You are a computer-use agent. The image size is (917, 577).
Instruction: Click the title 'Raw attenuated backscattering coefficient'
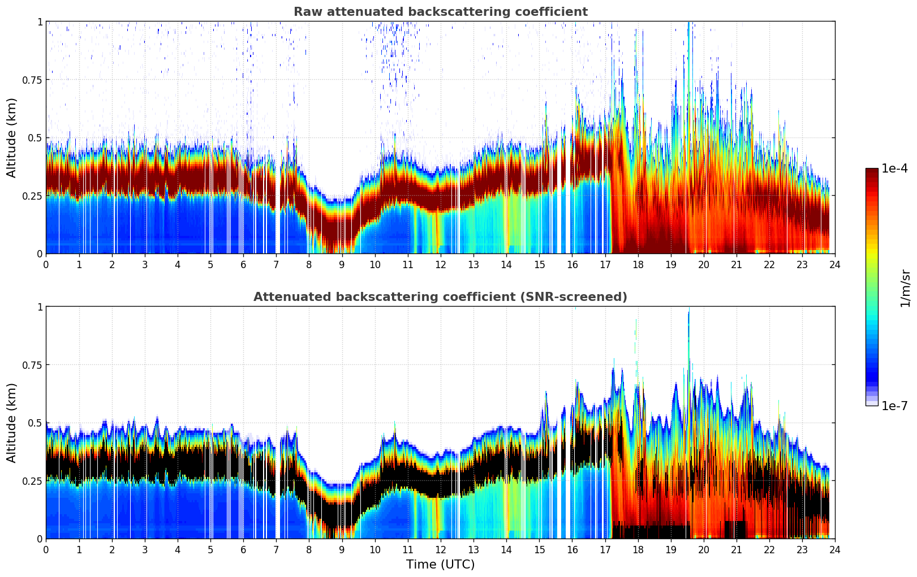(x=440, y=12)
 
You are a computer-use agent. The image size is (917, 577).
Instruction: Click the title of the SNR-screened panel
(x=440, y=297)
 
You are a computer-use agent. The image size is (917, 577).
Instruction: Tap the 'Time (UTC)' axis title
(x=440, y=565)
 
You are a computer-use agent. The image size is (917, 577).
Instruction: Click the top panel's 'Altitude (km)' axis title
(x=12, y=137)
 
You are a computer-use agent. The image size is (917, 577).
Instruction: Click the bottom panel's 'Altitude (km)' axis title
(x=12, y=423)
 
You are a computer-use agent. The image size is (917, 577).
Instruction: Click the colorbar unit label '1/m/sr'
(x=905, y=288)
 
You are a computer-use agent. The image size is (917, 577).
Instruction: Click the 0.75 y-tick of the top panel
(x=32, y=80)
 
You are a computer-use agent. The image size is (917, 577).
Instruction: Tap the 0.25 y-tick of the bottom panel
(x=32, y=481)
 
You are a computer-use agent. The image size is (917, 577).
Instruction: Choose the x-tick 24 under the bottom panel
(x=835, y=550)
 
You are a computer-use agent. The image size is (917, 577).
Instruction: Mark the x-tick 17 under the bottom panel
(x=605, y=550)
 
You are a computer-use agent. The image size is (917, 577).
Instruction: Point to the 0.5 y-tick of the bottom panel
(x=35, y=423)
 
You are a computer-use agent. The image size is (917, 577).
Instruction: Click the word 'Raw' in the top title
(x=304, y=12)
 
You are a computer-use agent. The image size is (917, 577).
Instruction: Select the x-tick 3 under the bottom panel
(x=145, y=550)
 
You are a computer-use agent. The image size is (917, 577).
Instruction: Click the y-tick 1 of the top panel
(x=40, y=21)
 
